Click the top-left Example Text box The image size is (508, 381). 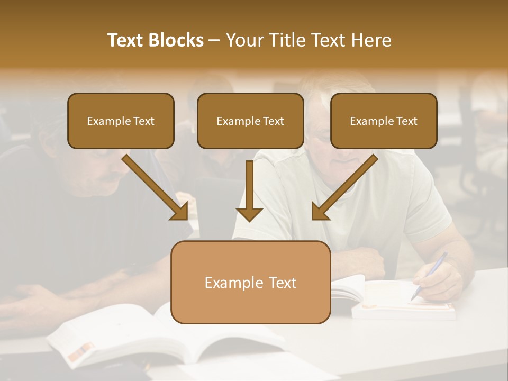[x=121, y=121]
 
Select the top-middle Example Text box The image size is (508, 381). [x=250, y=121]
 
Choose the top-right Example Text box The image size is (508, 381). [x=384, y=121]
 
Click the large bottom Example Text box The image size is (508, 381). [x=250, y=283]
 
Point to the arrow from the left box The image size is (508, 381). [x=156, y=188]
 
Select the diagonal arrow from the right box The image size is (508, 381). [x=344, y=188]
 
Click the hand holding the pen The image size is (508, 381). [x=437, y=280]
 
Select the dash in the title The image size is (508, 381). [x=214, y=40]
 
